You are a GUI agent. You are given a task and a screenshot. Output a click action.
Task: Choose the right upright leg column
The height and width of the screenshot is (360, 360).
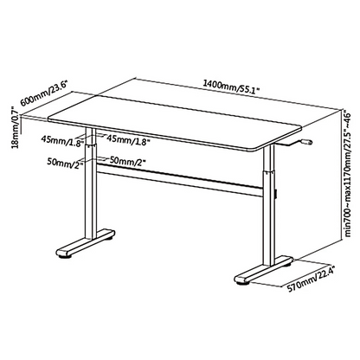tap(267, 208)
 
